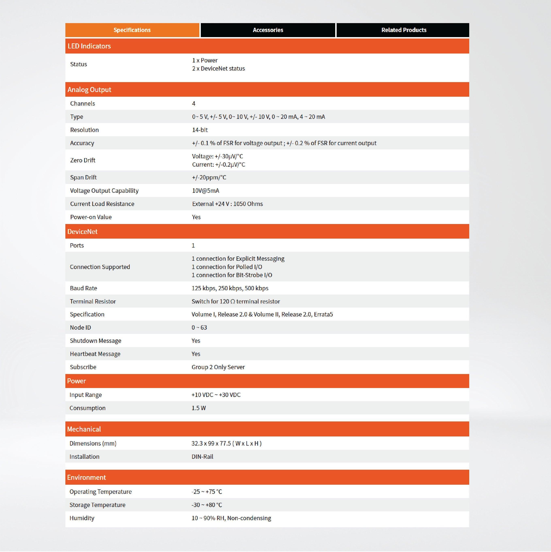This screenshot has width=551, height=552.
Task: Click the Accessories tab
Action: pyautogui.click(x=268, y=30)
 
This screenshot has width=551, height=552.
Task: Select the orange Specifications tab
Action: pyautogui.click(x=132, y=30)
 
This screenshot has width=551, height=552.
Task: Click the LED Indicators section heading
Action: pyautogui.click(x=89, y=46)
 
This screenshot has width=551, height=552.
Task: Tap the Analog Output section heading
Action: pyautogui.click(x=89, y=90)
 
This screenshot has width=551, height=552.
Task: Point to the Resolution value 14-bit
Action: pyautogui.click(x=200, y=130)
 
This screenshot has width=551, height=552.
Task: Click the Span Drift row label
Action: pyautogui.click(x=83, y=177)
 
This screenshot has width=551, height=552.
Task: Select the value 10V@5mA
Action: pyautogui.click(x=205, y=191)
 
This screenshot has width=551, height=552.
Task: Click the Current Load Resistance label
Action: pyautogui.click(x=102, y=204)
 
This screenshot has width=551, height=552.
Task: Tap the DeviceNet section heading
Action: pyautogui.click(x=82, y=232)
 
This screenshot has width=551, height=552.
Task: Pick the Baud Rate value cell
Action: pyautogui.click(x=230, y=288)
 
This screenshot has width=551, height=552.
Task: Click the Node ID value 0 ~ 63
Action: pyautogui.click(x=199, y=327)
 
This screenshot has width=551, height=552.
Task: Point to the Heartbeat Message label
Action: pyautogui.click(x=95, y=354)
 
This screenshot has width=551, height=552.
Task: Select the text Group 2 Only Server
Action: pyautogui.click(x=218, y=367)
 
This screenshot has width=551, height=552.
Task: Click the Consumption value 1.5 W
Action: pyautogui.click(x=199, y=408)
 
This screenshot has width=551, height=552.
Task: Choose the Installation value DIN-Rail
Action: pyautogui.click(x=202, y=457)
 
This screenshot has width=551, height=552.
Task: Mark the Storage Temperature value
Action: pyautogui.click(x=207, y=505)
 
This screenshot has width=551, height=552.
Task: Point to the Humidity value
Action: pyautogui.click(x=231, y=518)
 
